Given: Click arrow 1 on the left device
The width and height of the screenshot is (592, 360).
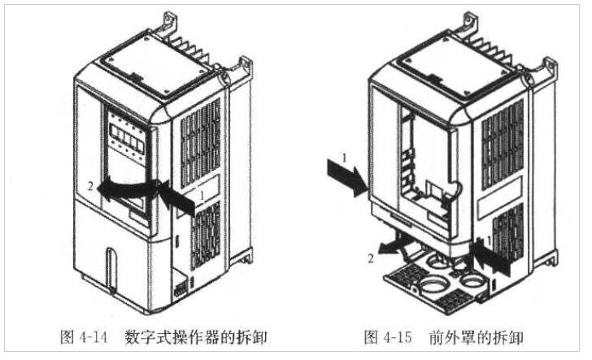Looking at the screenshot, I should tap(177, 198).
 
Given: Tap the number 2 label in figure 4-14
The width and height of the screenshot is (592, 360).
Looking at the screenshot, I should tap(90, 187).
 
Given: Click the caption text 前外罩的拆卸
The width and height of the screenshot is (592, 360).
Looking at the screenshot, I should tap(474, 336).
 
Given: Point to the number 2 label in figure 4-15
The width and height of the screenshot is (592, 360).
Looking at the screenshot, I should tap(371, 258).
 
